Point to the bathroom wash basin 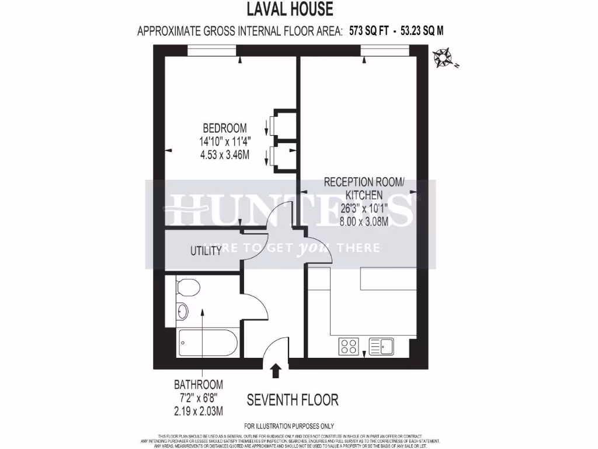pyautogui.click(x=183, y=312)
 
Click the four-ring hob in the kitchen pyautogui.click(x=349, y=347)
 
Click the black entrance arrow pyautogui.click(x=276, y=370)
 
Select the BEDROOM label pyautogui.click(x=224, y=128)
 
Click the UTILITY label pyautogui.click(x=206, y=251)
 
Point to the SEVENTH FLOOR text pyautogui.click(x=293, y=400)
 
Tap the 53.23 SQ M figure pyautogui.click(x=422, y=30)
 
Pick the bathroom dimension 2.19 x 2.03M pyautogui.click(x=199, y=411)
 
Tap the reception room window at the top pyautogui.click(x=384, y=51)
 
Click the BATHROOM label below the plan pyautogui.click(x=199, y=385)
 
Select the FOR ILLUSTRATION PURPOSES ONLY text pyautogui.click(x=288, y=426)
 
